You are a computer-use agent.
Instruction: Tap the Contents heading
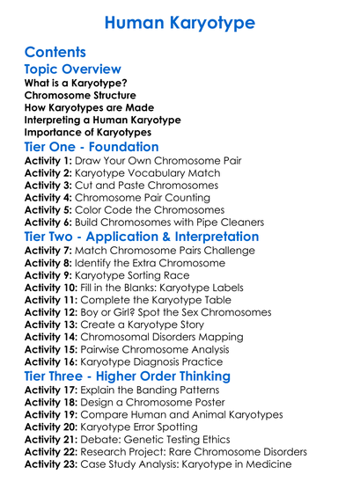coord(55,52)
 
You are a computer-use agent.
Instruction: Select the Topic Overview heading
coord(72,69)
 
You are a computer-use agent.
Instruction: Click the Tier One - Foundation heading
coord(92,147)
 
